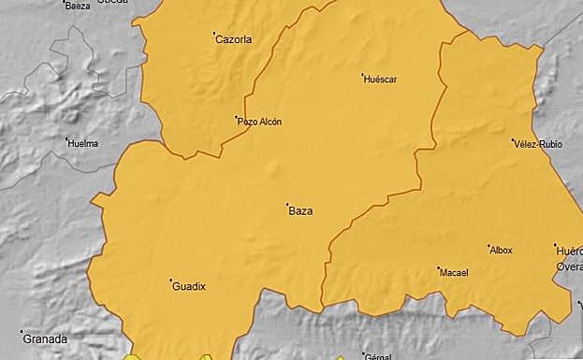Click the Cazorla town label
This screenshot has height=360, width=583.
[x=235, y=39]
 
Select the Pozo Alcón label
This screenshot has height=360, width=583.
[x=260, y=122]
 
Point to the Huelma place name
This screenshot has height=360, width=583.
[x=84, y=143]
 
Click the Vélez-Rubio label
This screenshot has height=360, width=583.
[x=536, y=144]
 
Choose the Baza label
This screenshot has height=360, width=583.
[x=301, y=211]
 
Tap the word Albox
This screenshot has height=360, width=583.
[x=502, y=251]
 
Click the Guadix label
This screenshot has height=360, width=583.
[x=189, y=287]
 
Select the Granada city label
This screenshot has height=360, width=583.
[x=46, y=338]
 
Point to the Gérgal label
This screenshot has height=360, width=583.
[x=377, y=356]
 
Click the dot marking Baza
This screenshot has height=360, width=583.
[x=287, y=205]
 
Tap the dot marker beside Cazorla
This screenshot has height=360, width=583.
[x=214, y=35]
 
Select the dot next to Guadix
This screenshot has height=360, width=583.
[x=170, y=281]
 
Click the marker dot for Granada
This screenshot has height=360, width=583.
[x=22, y=332]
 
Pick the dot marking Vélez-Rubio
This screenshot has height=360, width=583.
[x=514, y=139]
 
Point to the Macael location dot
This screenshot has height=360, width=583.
[x=438, y=268]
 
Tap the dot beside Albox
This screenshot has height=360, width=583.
[x=488, y=246]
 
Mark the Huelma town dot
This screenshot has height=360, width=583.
[x=67, y=139]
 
